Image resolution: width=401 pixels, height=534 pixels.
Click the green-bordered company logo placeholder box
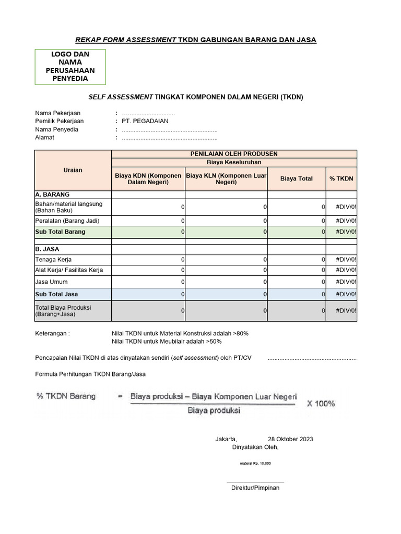point(70,67)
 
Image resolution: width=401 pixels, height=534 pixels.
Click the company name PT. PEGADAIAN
point(145,121)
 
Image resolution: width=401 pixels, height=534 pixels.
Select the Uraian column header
point(73,171)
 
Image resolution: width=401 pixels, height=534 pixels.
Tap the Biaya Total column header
point(296,178)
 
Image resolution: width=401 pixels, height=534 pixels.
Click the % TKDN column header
point(341,178)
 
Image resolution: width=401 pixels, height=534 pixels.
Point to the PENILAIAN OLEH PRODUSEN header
point(234,154)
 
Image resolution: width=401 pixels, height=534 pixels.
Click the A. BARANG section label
point(52,195)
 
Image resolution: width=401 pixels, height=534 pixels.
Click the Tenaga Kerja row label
point(53,259)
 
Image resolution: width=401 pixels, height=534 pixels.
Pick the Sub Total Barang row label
point(60,232)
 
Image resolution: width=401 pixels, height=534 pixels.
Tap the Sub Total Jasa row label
point(56,295)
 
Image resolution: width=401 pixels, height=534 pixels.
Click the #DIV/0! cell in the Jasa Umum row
point(346,282)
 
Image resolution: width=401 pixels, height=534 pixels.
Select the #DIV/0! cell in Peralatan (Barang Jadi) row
point(346,221)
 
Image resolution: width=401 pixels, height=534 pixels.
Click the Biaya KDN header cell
point(148,178)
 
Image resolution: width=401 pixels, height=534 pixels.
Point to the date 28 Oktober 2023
point(290,439)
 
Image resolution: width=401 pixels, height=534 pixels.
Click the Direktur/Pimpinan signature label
point(255,488)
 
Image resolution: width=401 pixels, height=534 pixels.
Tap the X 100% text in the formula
point(321,404)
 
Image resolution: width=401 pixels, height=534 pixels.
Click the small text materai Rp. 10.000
point(255,463)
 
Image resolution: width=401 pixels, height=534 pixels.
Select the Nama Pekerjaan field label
point(57,113)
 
